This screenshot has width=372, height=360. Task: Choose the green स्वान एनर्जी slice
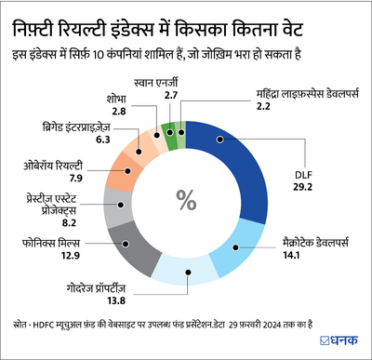coord(168,129)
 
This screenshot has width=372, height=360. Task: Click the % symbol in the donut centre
coord(186,199)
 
